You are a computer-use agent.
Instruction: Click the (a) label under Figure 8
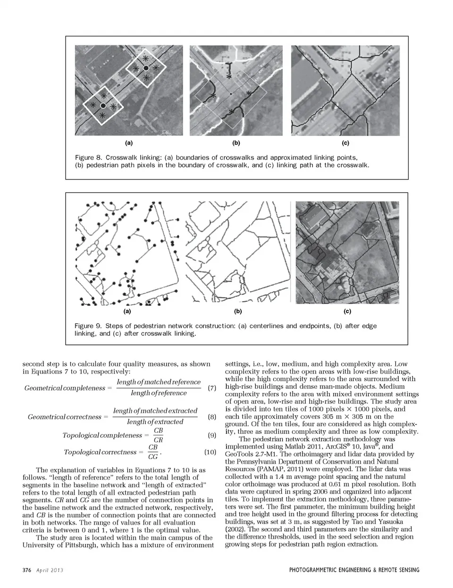tap(128, 143)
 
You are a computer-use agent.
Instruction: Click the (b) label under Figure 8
tap(236, 143)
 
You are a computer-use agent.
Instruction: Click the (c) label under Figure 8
tap(345, 143)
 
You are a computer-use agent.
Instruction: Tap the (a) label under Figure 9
tap(127, 312)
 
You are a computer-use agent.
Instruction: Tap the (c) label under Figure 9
tap(347, 312)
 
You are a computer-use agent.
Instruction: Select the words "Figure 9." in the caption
tap(88, 326)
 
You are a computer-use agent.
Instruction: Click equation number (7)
tap(211, 388)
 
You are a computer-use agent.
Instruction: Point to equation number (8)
tap(211, 417)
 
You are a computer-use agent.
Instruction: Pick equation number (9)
tap(211, 435)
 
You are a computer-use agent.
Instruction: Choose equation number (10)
tap(210, 452)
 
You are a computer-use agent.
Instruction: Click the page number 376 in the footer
tap(27, 571)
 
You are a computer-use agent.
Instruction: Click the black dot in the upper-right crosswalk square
tap(146, 68)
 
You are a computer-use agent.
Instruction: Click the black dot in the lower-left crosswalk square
tap(103, 105)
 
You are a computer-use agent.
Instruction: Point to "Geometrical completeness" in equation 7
tap(65, 388)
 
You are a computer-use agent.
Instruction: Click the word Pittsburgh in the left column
tap(73, 545)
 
